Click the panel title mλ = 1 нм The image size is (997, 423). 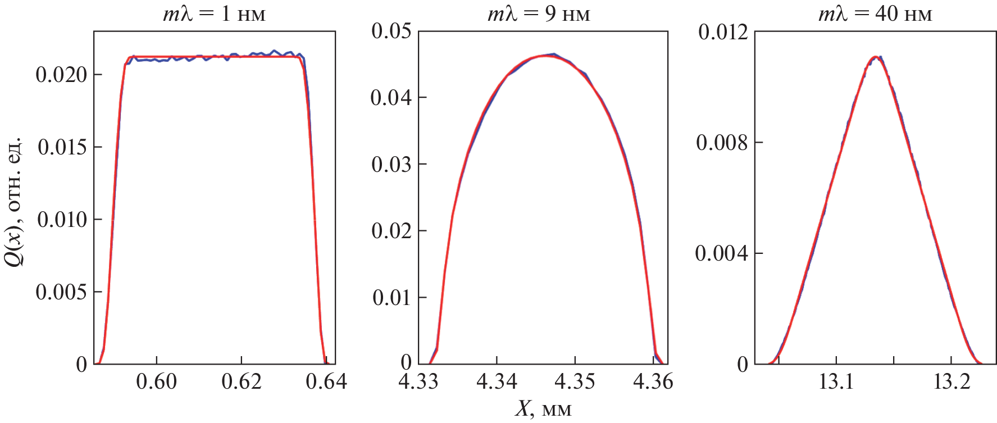point(214,13)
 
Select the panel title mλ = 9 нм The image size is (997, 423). point(539,13)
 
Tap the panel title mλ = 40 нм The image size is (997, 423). point(875,13)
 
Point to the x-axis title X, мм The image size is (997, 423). point(543,409)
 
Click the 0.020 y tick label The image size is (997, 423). point(62,75)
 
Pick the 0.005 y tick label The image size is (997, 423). point(62,292)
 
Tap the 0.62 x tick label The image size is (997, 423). point(242,382)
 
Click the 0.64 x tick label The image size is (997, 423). point(326,382)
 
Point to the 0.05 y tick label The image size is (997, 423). point(391,31)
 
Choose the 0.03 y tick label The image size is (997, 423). point(391,165)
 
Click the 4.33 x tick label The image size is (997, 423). point(418,382)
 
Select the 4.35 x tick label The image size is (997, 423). point(575,382)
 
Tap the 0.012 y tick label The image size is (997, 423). point(723,32)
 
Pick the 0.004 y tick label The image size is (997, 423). point(722,253)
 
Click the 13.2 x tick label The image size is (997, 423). point(952,382)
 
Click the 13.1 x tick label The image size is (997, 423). point(836,382)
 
